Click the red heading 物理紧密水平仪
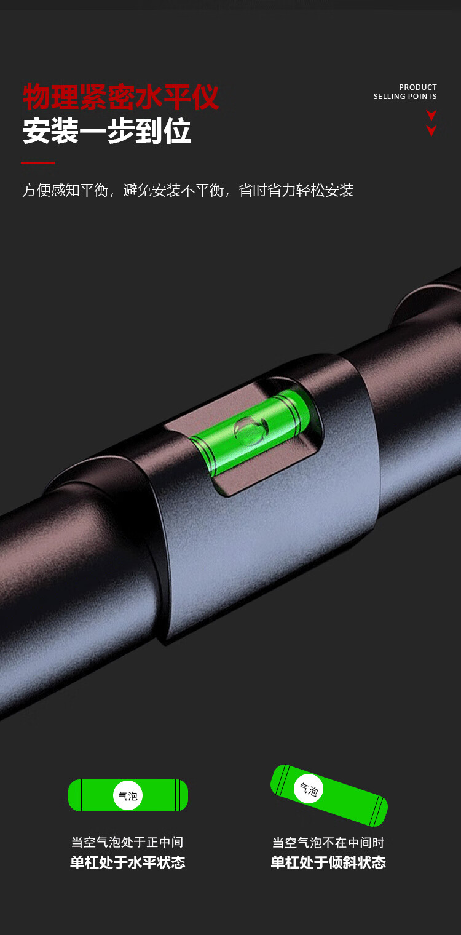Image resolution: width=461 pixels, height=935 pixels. [120, 97]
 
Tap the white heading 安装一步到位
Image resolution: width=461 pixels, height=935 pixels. [107, 130]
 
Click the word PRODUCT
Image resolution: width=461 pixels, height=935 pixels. [417, 87]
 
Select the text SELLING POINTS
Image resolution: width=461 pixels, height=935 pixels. [404, 97]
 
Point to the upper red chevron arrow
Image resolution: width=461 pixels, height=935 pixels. [431, 116]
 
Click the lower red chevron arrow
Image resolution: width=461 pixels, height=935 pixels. [431, 130]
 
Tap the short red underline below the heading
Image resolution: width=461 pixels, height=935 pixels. [38, 163]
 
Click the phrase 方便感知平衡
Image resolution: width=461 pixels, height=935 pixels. [66, 190]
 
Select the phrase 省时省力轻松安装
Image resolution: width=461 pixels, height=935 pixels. [296, 190]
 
